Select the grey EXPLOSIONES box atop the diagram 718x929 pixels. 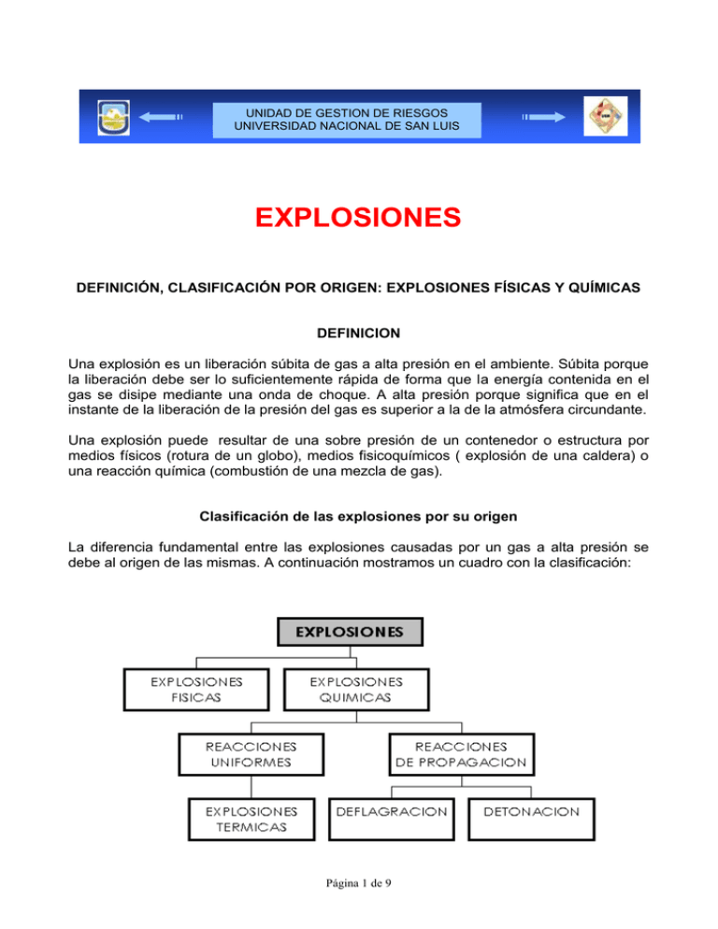click(x=351, y=632)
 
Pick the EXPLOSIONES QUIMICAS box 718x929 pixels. click(x=343, y=690)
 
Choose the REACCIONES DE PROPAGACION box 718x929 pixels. click(x=461, y=754)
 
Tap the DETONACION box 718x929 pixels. click(x=531, y=811)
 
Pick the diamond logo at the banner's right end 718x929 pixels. click(x=602, y=116)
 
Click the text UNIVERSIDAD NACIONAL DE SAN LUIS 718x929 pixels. click(x=347, y=125)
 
